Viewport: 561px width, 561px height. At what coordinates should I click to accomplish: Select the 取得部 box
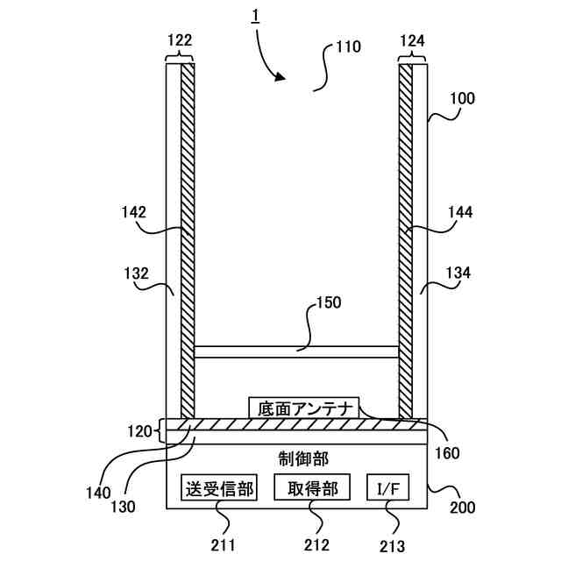(x=312, y=487)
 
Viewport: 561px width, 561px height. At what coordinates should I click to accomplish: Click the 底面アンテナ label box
(x=304, y=408)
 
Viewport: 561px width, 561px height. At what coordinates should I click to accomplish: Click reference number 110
(x=347, y=48)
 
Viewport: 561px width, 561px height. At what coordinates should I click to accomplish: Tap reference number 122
(x=179, y=40)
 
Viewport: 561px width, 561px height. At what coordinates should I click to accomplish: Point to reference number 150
(x=328, y=303)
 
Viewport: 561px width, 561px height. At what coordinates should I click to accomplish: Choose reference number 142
(x=134, y=211)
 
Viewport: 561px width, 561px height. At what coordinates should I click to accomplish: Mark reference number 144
(x=459, y=212)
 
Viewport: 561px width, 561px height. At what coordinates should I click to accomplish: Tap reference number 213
(x=393, y=545)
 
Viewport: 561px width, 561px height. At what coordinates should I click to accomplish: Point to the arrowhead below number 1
(x=280, y=77)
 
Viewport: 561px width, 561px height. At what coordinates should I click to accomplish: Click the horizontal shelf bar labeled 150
(x=295, y=352)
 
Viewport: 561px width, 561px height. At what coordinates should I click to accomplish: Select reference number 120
(x=139, y=430)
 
